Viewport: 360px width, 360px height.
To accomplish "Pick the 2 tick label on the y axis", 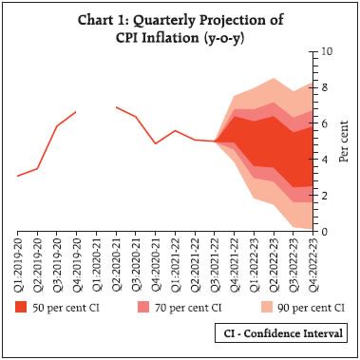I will [325, 196].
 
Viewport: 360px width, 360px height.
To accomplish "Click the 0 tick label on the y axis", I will [325, 232].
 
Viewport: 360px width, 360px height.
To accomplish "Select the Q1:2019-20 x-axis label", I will [17, 262].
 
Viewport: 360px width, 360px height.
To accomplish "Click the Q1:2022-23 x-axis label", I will [256, 262].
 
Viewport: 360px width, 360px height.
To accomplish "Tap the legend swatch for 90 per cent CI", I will [241, 308].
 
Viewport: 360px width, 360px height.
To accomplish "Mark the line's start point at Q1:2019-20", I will [17, 176].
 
